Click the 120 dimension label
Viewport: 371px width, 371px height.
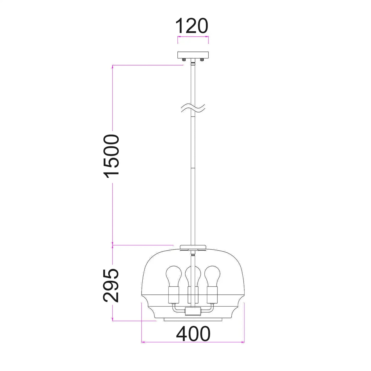tap(192, 26)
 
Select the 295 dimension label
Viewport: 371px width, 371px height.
tap(111, 285)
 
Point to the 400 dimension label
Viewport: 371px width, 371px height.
tap(193, 334)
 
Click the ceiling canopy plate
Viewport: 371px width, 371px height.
tap(193, 55)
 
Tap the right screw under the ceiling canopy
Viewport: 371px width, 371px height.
tap(202, 60)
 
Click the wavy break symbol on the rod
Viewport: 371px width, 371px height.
tap(193, 108)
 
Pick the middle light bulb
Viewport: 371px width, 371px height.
tap(193, 275)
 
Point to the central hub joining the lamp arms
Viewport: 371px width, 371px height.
tap(193, 312)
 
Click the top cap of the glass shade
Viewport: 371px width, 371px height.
tap(193, 247)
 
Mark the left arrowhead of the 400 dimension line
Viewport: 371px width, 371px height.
tap(143, 342)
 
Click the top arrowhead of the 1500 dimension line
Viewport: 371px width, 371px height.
tap(113, 67)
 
